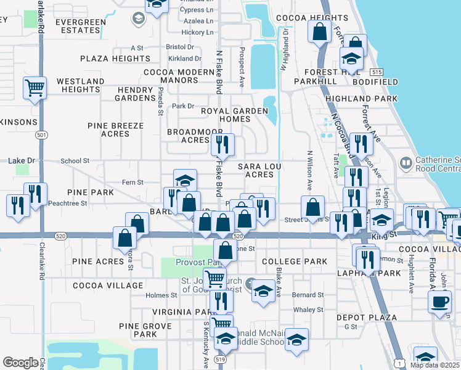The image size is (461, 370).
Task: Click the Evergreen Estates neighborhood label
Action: pyautogui.click(x=80, y=26)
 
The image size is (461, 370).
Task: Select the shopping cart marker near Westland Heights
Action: pyautogui.click(x=35, y=88)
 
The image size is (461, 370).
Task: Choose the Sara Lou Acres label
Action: pyautogui.click(x=256, y=170)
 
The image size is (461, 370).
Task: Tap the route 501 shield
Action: pyautogui.click(x=41, y=134)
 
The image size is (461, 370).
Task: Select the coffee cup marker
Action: pyautogui.click(x=440, y=302)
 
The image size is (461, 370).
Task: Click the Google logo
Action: pyautogui.click(x=20, y=363)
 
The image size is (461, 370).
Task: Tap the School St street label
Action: pyautogui.click(x=75, y=161)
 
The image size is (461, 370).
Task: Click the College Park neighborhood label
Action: pyautogui.click(x=295, y=261)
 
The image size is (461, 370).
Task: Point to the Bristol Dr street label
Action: pyautogui.click(x=180, y=47)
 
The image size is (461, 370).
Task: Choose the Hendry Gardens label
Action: pyautogui.click(x=135, y=94)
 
